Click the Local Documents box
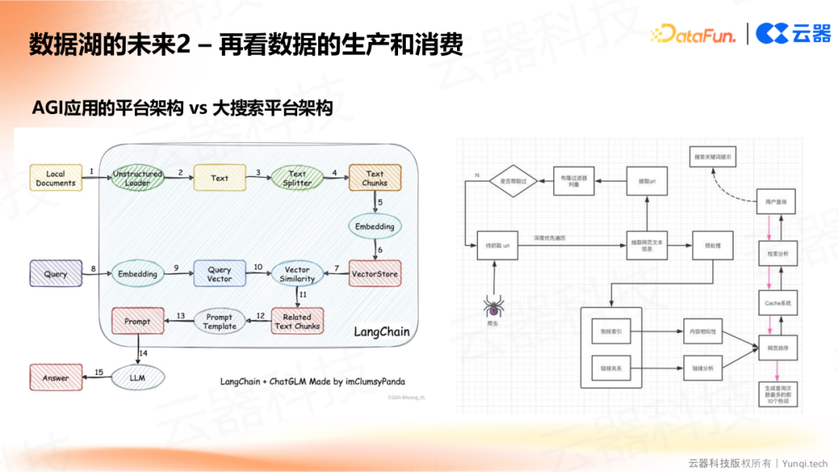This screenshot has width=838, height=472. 56,179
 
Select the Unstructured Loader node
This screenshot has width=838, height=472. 137,179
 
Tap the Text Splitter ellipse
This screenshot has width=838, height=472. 297,179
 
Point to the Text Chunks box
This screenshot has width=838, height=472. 375,179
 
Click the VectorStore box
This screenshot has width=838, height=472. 375,273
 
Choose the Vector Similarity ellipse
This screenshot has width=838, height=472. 297,273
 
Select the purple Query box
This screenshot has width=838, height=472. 56,274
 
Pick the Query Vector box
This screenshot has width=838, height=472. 220,273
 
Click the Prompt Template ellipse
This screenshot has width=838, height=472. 220,321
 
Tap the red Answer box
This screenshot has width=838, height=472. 56,378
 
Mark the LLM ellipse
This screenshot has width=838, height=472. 137,378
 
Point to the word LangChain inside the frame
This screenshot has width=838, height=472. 381,331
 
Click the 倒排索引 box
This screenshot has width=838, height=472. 612,332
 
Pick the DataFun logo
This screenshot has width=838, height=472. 693,33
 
